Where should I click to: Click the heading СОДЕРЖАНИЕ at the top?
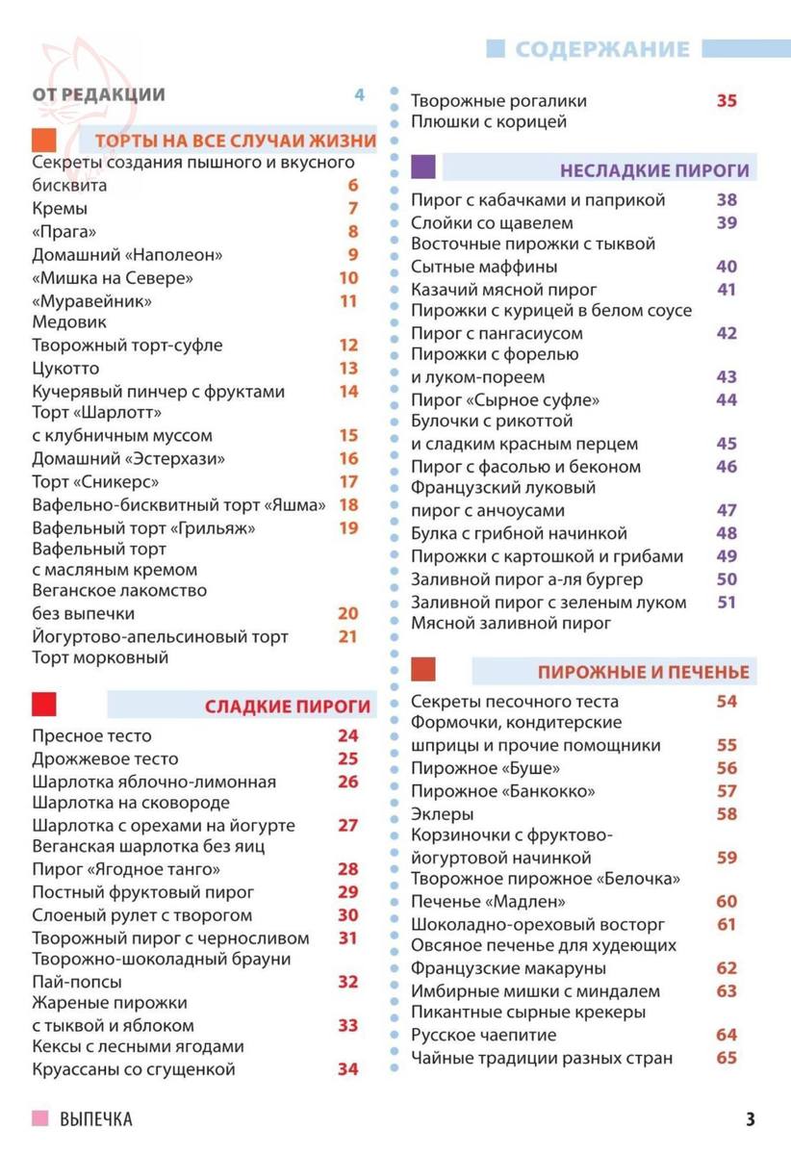coord(602,50)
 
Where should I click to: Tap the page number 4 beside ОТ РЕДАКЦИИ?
coord(360,94)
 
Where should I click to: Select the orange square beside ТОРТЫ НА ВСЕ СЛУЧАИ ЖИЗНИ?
coord(44,141)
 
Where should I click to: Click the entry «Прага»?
coord(64,232)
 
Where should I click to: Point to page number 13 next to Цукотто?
coord(348,369)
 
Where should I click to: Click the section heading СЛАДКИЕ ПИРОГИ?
coord(288,707)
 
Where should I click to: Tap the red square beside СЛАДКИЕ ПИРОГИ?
coord(44,705)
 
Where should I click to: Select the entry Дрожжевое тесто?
coord(105,759)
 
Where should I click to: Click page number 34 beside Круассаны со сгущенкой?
coord(347,1069)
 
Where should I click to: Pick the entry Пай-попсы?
coord(77,983)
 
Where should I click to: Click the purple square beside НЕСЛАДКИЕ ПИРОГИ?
coord(423,167)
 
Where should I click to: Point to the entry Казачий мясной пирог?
coord(504,290)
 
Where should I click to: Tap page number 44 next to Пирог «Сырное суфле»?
coord(727,399)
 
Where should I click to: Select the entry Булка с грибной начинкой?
coord(519,533)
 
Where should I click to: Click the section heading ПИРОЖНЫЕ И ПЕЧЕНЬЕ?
coord(643,672)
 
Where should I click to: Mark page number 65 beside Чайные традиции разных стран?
coord(727,1059)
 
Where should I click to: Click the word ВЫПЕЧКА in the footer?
coord(95,1119)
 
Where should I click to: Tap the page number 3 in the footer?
coord(750,1119)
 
